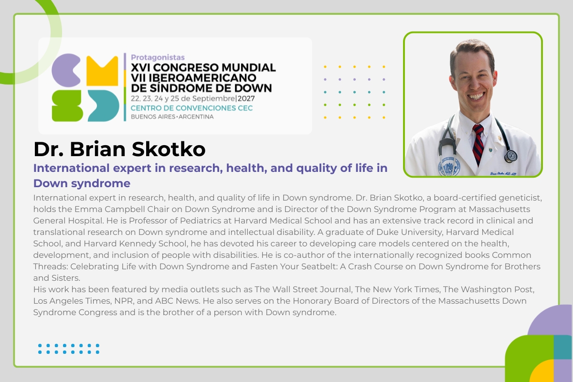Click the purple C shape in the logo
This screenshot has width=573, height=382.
coord(64,70)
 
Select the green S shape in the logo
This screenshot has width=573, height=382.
coord(67,106)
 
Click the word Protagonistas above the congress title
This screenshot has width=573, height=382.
coord(158,57)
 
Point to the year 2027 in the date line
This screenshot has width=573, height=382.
coord(246,98)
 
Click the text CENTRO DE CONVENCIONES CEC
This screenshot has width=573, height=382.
coord(191,108)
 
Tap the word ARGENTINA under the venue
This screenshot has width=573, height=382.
coord(196,117)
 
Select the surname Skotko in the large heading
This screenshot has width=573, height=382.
coord(169,149)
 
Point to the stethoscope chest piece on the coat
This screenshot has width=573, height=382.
coord(510,156)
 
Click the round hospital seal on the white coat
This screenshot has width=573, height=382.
coord(449,166)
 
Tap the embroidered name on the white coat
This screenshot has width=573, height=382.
coord(503,174)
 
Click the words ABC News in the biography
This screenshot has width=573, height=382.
coord(177,301)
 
